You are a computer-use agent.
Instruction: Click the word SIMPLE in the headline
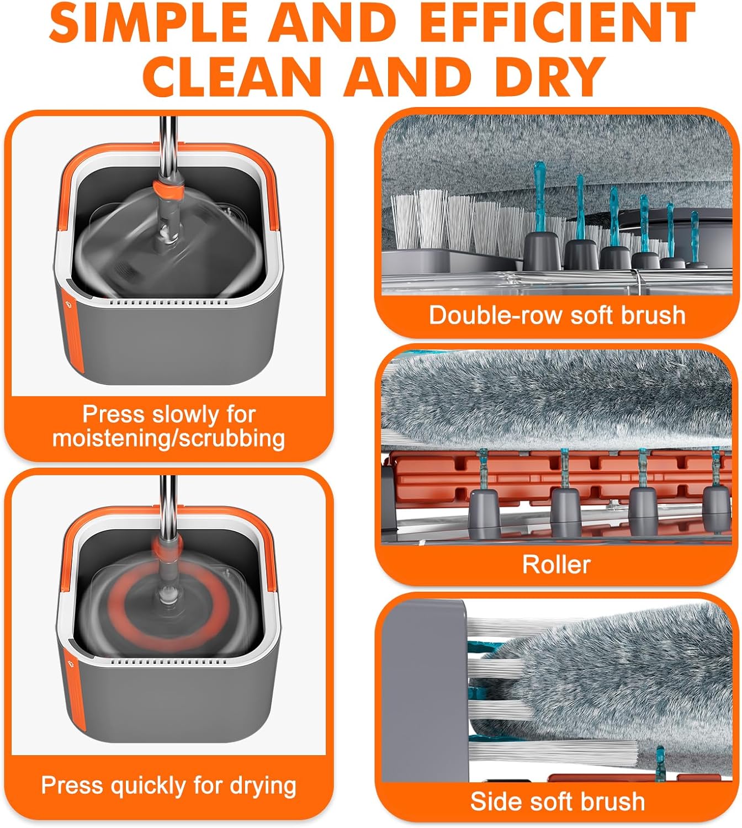pos(149,23)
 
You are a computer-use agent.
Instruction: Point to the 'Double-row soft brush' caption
pos(556,316)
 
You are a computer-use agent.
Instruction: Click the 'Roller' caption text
pos(556,565)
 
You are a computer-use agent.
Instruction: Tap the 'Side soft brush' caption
pos(556,802)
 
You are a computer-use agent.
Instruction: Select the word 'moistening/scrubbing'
pos(168,438)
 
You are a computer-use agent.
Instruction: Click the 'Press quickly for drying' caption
pos(168,785)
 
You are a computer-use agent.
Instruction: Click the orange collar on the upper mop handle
pos(168,190)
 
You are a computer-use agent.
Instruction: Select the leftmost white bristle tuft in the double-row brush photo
pos(405,221)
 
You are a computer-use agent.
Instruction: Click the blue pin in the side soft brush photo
pos(660,764)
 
